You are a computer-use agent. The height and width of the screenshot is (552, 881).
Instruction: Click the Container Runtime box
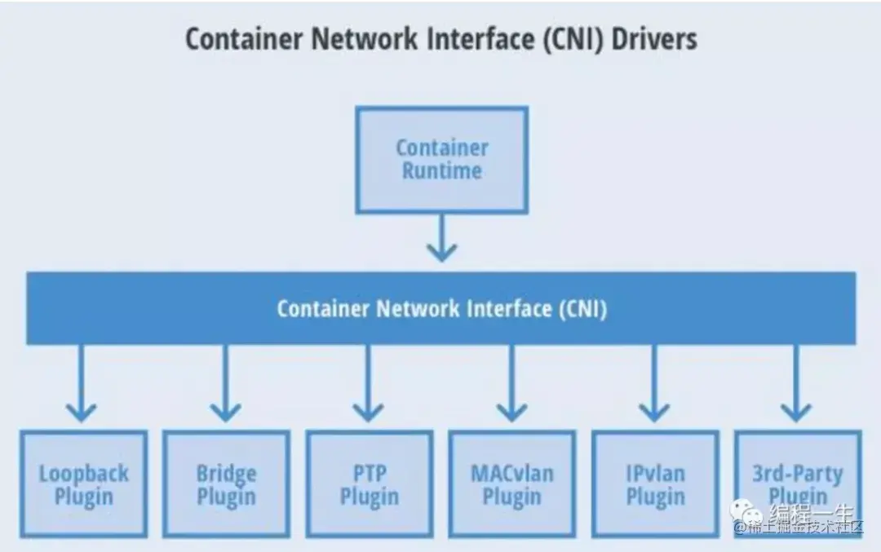[x=441, y=160]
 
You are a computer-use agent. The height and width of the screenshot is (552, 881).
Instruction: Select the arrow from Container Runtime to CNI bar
[x=441, y=238]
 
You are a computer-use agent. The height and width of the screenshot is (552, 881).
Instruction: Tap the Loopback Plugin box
[x=83, y=484]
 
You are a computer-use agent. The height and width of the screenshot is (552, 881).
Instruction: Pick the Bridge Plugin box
[x=226, y=484]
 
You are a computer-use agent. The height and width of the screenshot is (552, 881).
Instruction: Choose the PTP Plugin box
[x=369, y=484]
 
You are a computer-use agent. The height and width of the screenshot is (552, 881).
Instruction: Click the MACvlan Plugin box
[x=511, y=484]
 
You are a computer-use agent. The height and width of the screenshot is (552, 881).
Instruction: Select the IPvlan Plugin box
[x=654, y=484]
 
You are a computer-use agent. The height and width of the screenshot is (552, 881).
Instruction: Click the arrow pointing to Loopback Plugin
[x=81, y=383]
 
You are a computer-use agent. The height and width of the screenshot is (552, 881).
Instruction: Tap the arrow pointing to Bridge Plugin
[x=225, y=383]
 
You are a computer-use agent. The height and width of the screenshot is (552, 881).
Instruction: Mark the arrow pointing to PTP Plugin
[x=368, y=383]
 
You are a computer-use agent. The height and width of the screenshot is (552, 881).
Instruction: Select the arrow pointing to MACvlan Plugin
[x=511, y=383]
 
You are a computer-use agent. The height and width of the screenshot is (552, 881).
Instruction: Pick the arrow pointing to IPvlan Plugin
[x=654, y=383]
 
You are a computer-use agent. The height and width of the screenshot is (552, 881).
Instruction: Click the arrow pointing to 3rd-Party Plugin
[x=796, y=383]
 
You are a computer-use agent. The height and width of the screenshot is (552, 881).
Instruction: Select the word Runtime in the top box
[x=441, y=171]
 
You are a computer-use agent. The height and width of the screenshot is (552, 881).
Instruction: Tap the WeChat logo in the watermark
[x=747, y=514]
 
